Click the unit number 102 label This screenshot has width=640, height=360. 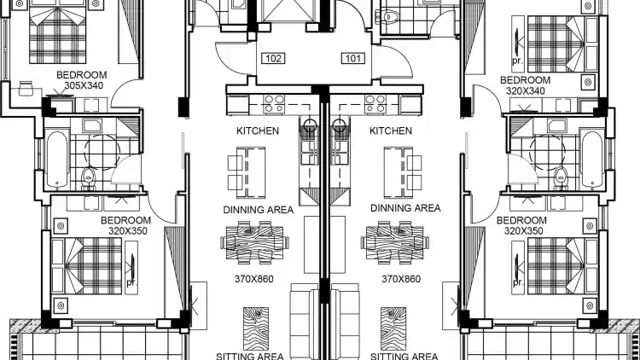pyautogui.click(x=273, y=58)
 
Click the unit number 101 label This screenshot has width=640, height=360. pyautogui.click(x=353, y=58)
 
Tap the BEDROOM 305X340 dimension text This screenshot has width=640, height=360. pyautogui.click(x=84, y=85)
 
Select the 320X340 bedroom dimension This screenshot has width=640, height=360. pyautogui.click(x=526, y=90)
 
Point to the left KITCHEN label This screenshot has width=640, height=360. pyautogui.click(x=258, y=131)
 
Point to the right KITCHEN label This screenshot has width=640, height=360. pyautogui.click(x=391, y=131)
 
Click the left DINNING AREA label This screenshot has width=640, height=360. pyautogui.click(x=259, y=210)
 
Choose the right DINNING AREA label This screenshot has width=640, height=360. pyautogui.click(x=405, y=208)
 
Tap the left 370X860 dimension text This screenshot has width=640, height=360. pyautogui.click(x=254, y=279)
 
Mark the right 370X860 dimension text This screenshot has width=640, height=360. pyautogui.click(x=401, y=279)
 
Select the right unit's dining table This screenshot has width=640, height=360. pyautogui.click(x=395, y=242)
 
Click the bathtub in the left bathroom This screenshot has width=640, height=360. pyautogui.click(x=56, y=159)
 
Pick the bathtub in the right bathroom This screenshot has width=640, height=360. pyautogui.click(x=592, y=159)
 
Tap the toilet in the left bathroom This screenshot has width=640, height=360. pyautogui.click(x=88, y=178)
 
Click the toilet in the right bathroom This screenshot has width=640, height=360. pyautogui.click(x=561, y=178)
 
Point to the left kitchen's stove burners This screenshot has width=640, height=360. pyautogui.click(x=274, y=104)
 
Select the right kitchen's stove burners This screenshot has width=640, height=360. pyautogui.click(x=375, y=104)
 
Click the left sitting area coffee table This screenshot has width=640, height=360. pyautogui.click(x=256, y=328)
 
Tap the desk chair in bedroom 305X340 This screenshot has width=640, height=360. pyautogui.click(x=26, y=88)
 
